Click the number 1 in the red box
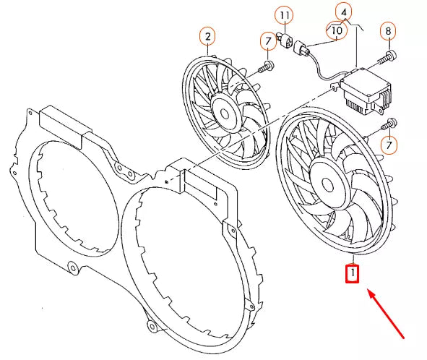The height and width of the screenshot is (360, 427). [x=352, y=274]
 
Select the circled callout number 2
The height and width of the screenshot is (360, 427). [x=207, y=35]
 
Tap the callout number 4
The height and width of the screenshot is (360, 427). [x=344, y=12]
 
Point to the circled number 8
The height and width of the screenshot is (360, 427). [x=389, y=31]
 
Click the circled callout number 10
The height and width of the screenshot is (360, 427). [x=336, y=31]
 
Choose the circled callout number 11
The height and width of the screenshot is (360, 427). [x=283, y=15]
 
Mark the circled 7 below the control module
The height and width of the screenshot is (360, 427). [x=389, y=146]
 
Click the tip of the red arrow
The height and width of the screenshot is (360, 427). [x=370, y=291]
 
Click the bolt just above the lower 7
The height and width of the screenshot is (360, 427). [x=390, y=122]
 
